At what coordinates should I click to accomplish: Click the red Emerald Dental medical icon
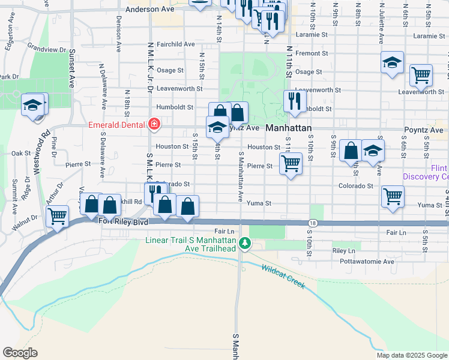(x=154, y=125)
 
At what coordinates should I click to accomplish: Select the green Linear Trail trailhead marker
(x=244, y=243)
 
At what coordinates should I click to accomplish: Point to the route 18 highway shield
(x=311, y=223)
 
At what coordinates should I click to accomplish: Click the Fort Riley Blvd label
(x=122, y=222)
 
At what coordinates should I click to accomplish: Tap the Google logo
(x=20, y=352)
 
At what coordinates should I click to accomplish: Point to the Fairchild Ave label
(x=175, y=44)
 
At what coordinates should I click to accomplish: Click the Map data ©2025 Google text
(x=412, y=355)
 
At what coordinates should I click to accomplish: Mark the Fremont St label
(x=312, y=53)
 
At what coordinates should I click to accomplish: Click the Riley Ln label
(x=343, y=250)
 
